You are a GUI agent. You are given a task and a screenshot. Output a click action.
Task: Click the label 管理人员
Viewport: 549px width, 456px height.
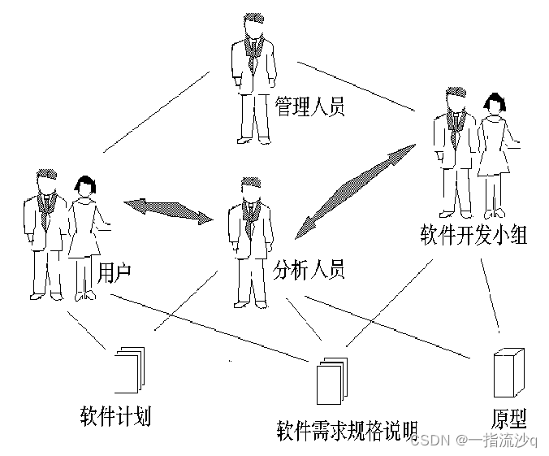pos(309,106)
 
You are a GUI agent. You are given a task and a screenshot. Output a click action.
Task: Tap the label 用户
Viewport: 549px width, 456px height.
pos(115,271)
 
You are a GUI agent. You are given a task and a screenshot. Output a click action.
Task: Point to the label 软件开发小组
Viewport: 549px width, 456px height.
pos(473,236)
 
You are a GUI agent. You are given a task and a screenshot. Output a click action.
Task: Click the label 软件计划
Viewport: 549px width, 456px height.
pos(115,415)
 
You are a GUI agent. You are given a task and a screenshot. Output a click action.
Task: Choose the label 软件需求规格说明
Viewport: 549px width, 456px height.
pos(347,428)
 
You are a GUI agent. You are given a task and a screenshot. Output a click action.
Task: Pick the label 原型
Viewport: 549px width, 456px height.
pos(509,419)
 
